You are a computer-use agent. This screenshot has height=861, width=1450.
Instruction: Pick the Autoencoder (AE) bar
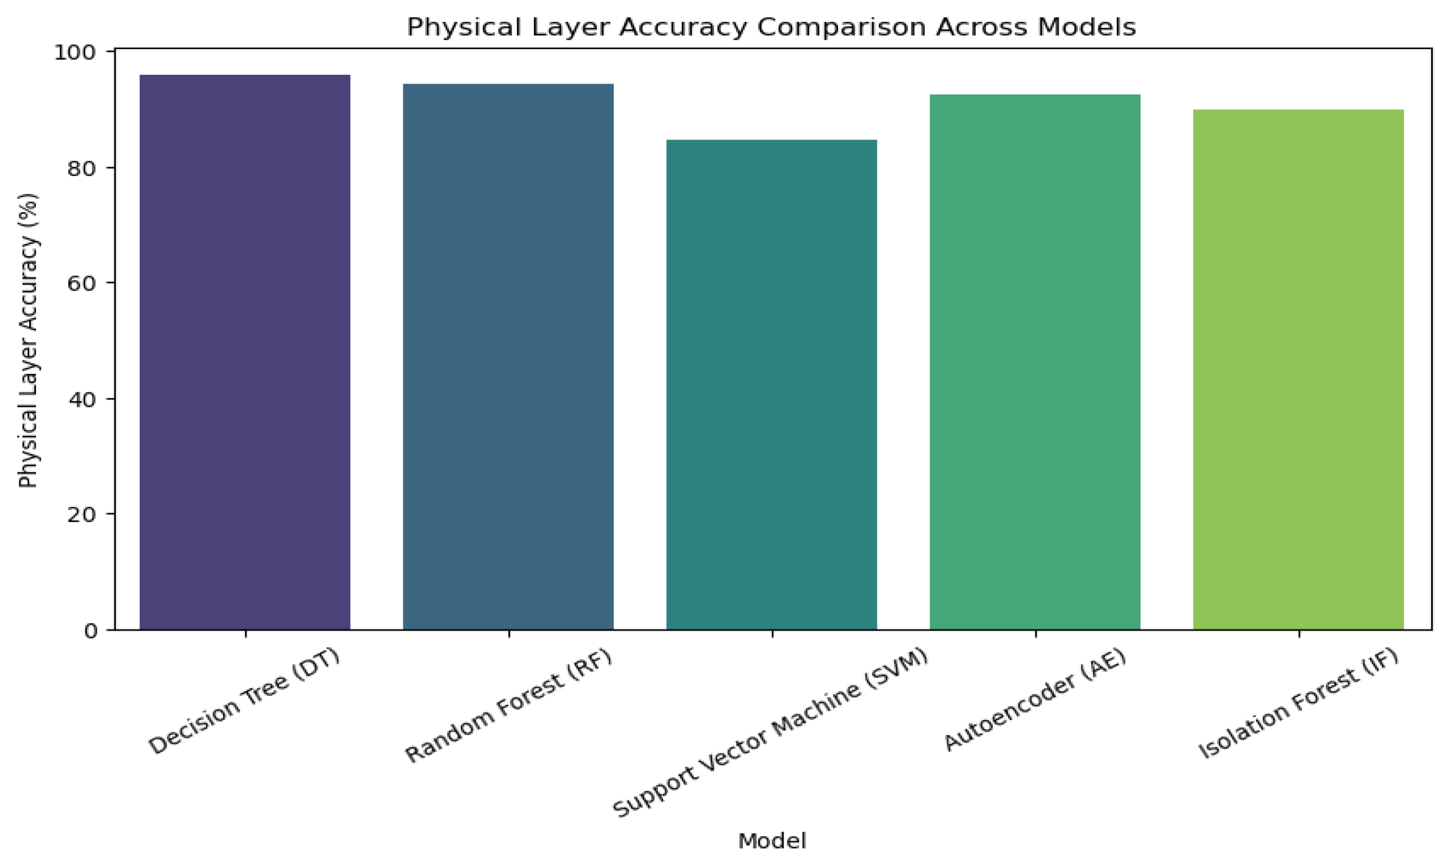point(1035,362)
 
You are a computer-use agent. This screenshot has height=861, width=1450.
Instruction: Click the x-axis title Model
point(772,841)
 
